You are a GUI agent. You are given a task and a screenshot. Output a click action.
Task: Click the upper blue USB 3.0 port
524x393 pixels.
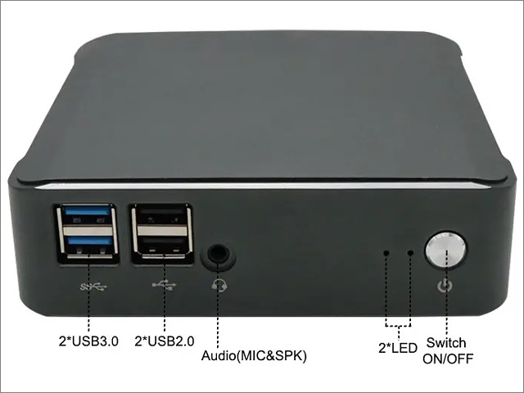88,215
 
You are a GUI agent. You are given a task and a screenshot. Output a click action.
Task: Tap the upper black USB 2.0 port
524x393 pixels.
162,215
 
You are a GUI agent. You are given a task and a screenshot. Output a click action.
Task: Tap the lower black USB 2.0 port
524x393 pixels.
162,246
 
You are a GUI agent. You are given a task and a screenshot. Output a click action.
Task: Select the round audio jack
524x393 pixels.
218,254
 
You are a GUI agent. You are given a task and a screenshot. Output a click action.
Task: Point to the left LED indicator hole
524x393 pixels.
386,253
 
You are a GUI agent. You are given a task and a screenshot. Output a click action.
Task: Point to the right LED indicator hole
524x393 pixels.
411,253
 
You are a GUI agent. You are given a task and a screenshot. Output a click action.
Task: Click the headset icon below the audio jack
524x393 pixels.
219,286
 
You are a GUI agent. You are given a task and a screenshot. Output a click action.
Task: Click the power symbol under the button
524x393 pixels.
445,286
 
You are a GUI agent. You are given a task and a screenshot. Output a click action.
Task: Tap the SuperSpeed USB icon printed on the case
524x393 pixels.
93,287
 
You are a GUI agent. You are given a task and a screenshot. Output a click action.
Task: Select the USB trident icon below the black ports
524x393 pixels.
164,285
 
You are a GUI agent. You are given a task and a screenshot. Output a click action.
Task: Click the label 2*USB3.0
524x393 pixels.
88,341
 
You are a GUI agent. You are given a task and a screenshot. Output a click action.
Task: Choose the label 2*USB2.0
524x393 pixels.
164,341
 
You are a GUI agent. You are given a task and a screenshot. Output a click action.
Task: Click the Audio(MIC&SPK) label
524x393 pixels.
254,355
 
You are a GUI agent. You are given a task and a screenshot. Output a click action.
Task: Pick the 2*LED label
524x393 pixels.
398,348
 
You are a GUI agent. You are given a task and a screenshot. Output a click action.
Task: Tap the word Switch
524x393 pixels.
446,343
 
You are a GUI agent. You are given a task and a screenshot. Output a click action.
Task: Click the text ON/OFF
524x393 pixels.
448,359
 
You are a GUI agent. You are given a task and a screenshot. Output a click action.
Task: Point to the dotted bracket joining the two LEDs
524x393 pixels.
399,325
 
